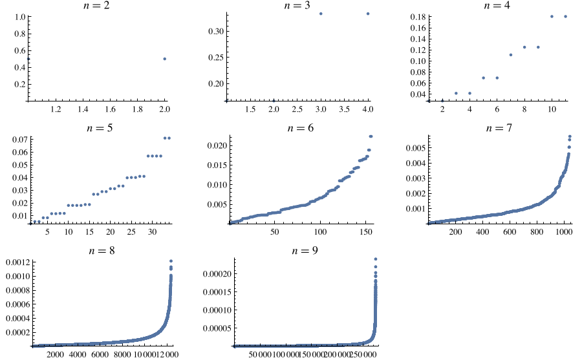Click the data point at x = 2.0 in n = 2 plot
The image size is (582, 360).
coord(165,59)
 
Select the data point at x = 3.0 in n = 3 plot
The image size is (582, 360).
coord(321,14)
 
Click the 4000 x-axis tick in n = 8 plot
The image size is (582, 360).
coord(78,354)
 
